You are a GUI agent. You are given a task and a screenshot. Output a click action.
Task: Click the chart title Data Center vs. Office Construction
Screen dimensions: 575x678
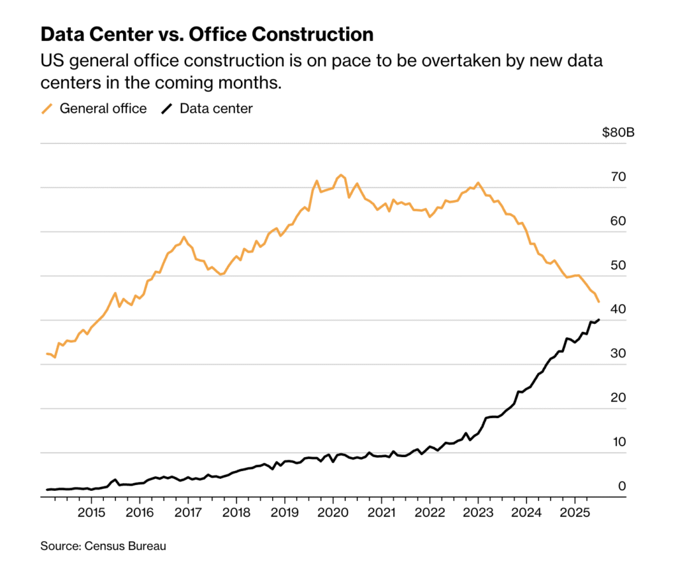point(207,34)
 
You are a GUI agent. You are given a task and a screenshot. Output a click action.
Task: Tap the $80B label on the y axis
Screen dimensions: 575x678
point(618,132)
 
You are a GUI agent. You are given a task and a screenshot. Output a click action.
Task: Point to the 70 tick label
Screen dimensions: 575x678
point(618,177)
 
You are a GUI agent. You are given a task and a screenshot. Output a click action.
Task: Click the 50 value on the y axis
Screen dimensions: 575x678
point(618,265)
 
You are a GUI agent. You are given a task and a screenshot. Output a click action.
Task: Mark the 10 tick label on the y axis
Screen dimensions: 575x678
point(618,442)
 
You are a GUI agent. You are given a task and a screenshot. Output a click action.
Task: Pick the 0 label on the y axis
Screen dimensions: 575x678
point(622,486)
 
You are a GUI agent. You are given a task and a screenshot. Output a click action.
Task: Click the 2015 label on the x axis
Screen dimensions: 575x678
point(91,514)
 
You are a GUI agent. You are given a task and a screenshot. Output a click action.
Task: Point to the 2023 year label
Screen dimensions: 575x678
point(478,514)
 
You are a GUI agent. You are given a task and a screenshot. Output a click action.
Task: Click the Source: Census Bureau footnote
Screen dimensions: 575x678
point(103,547)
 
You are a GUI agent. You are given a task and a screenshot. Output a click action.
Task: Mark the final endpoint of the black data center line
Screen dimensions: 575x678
point(599,320)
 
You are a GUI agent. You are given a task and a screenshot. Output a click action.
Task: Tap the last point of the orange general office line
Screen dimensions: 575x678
point(599,302)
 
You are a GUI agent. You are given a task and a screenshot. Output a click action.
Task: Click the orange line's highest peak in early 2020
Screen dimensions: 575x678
point(341,176)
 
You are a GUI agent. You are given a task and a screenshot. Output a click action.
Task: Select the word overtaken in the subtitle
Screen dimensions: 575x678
point(452,62)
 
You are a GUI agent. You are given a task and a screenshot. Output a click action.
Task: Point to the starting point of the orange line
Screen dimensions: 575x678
point(46,354)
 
